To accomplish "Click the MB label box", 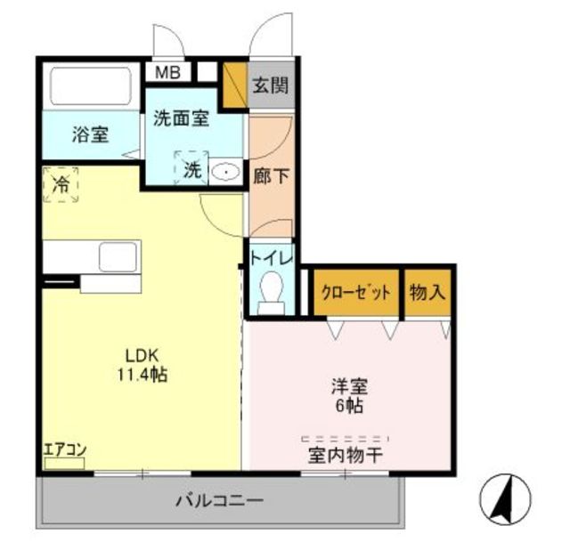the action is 168,72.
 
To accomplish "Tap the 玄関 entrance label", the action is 271,85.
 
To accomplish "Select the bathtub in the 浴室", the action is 91,86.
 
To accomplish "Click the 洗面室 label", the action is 181,118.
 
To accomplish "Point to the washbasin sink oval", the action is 225,171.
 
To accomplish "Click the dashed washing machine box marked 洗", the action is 191,167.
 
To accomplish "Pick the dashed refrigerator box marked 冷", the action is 61,184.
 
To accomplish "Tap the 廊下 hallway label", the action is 271,177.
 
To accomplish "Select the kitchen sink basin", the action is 118,257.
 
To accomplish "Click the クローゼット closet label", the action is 356,292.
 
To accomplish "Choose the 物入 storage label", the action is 427,292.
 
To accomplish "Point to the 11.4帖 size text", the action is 142,375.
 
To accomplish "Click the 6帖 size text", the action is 349,406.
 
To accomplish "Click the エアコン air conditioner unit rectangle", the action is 64,463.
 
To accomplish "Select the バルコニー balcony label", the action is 220,501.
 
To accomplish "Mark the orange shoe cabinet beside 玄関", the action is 235,85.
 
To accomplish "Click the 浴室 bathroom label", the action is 90,134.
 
